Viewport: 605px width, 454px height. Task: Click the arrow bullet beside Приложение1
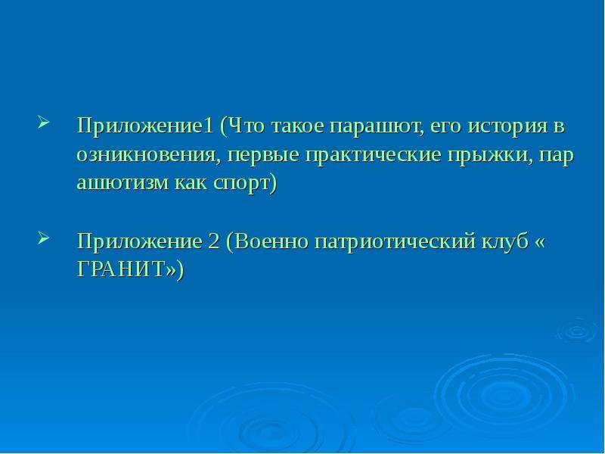click(44, 122)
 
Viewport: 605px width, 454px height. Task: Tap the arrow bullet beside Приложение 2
click(44, 238)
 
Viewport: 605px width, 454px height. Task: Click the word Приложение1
click(145, 126)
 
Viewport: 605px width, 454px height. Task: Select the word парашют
click(377, 127)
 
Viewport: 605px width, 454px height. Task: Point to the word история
click(507, 127)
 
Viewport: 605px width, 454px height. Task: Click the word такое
click(297, 126)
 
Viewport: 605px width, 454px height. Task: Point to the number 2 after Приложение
click(213, 241)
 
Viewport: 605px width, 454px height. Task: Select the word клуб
click(505, 241)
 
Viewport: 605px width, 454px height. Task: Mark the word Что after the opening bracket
click(247, 126)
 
